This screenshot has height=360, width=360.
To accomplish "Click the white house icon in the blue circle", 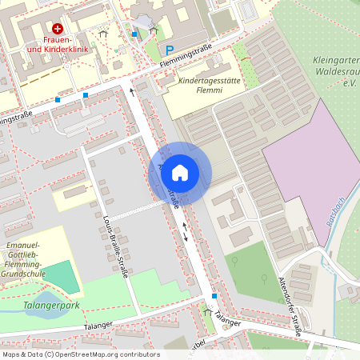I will click(x=180, y=171).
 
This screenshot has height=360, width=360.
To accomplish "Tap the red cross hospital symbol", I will click(x=57, y=27).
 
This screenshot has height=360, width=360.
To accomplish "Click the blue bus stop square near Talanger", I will click(x=214, y=297).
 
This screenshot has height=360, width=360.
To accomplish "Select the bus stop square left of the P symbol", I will click(x=134, y=34).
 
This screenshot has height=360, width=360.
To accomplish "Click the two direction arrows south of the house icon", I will click(x=186, y=231).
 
